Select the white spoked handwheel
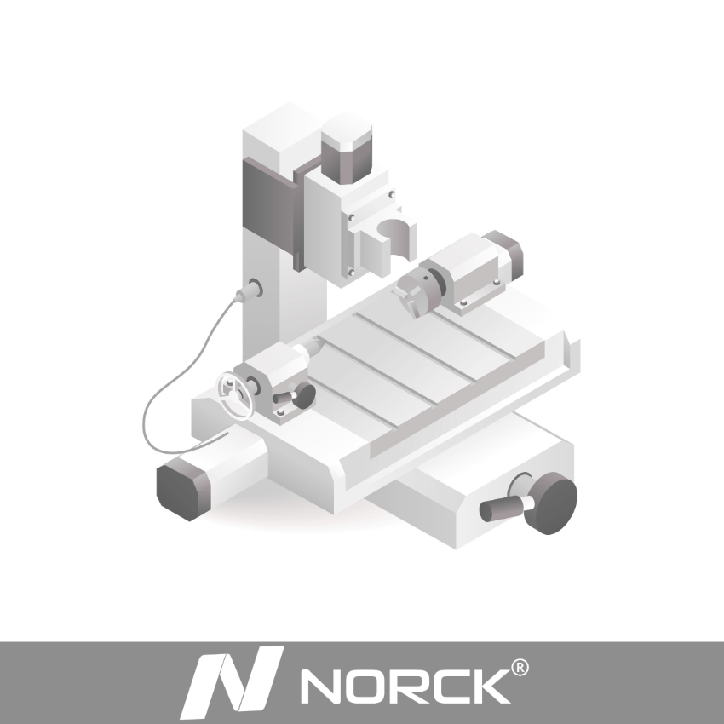235,394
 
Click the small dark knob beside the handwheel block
302,393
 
